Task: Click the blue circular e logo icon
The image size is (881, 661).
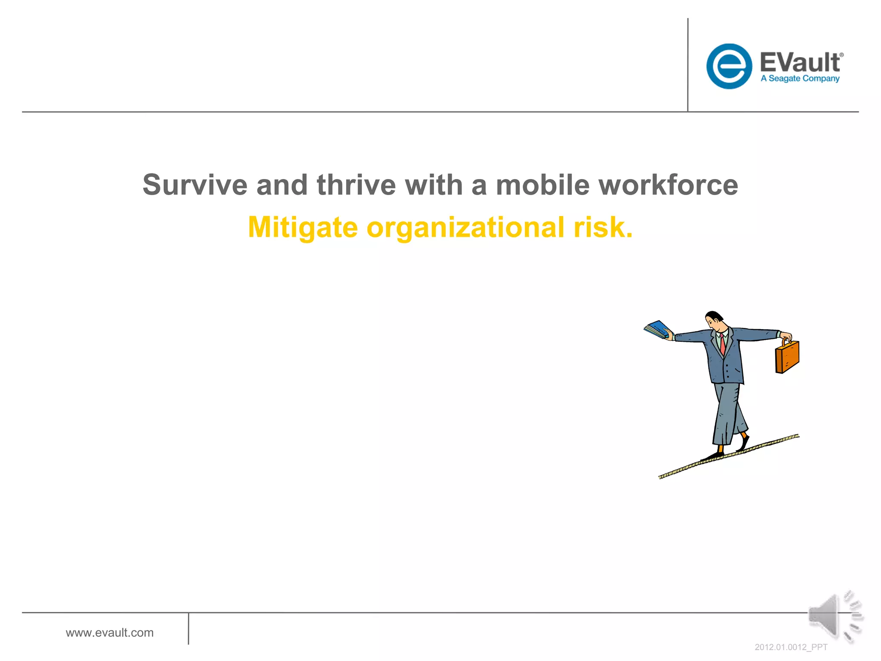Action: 729,66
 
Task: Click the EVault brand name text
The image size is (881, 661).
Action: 800,62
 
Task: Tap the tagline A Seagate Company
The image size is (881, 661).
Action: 800,79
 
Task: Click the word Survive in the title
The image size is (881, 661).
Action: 194,185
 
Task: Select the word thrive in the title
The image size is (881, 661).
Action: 356,185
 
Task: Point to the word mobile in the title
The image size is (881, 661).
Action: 542,185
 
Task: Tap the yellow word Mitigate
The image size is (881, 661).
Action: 302,227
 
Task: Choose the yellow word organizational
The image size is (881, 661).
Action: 465,228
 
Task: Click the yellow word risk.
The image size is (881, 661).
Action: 602,227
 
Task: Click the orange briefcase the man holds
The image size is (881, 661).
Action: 787,357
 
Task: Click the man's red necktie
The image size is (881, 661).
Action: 723,344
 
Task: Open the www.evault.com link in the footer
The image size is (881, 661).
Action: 110,633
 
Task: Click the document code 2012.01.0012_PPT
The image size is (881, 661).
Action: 791,647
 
